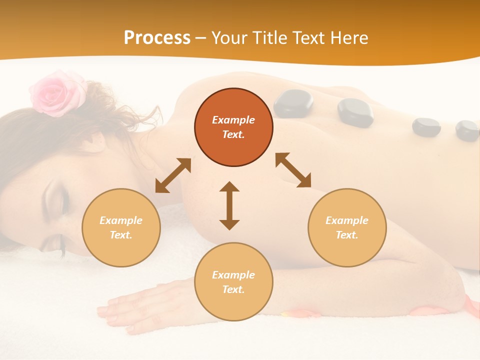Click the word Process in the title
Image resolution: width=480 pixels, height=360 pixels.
point(157,38)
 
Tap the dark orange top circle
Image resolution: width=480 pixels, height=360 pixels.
point(233,127)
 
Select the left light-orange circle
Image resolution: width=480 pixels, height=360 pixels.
point(121,227)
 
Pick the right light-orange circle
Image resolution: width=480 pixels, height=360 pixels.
point(347,227)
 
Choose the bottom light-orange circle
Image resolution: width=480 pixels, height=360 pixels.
point(233,282)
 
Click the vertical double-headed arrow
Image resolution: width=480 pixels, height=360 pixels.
point(229,205)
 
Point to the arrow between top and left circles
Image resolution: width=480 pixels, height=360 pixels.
point(173,175)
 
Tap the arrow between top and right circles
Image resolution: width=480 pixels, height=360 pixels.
point(293,170)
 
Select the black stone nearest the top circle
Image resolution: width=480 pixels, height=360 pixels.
point(293,103)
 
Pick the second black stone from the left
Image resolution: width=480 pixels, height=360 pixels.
point(355,111)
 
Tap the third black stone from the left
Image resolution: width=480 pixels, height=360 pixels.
point(426,127)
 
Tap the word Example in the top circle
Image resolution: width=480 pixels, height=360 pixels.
point(233,120)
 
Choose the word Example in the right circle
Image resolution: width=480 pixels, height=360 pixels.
point(347,220)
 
